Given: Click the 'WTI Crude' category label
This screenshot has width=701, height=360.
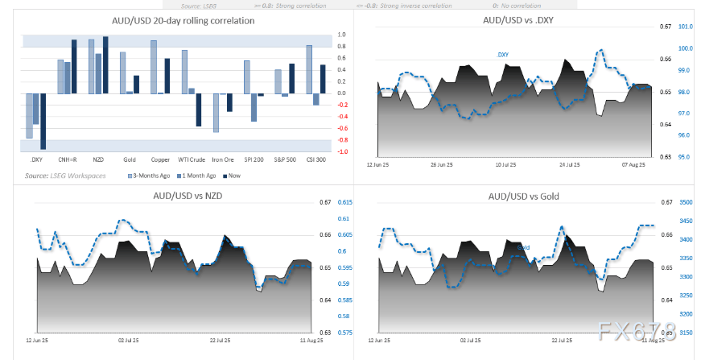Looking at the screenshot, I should pos(192,159).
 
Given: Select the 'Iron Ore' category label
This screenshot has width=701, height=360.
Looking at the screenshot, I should pos(223,159).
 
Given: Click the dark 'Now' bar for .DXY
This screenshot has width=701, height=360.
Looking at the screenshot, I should pos(43,121).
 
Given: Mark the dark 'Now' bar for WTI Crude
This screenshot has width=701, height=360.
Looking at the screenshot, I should pos(199,110).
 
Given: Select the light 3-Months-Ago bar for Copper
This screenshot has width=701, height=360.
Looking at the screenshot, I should pos(154,67).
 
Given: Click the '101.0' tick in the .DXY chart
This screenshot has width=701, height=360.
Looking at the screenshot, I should pos(687,27).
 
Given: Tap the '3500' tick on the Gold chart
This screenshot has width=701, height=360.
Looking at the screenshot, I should pos(686,202).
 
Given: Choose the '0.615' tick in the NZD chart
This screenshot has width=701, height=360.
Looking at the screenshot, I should pos(344,202).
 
